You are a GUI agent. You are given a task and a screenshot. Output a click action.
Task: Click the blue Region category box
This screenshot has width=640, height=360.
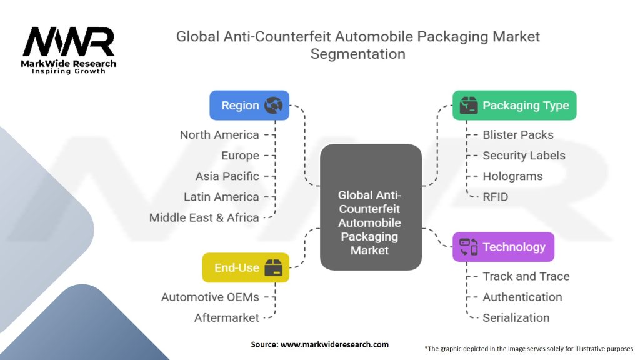249,106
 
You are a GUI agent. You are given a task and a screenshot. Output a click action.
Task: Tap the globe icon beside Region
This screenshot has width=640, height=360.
273,106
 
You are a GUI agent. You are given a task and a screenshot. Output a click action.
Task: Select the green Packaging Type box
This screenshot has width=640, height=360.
514,106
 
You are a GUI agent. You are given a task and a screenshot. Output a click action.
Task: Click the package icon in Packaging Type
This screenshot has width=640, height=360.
468,106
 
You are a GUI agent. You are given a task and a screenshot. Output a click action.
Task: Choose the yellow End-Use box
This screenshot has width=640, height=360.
245,267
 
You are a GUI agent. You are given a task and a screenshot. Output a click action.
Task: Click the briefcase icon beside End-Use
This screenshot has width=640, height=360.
273,267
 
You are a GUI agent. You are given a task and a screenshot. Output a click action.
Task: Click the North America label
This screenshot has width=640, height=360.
219,134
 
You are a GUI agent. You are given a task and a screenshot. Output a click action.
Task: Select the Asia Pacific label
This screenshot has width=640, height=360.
227,176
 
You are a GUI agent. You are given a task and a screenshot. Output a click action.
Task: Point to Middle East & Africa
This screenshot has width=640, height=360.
204,217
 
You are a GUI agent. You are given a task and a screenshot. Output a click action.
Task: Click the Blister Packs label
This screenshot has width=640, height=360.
518,134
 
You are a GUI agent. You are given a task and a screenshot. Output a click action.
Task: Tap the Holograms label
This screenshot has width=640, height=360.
512,176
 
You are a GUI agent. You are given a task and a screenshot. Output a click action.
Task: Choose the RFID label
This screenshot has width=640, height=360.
495,197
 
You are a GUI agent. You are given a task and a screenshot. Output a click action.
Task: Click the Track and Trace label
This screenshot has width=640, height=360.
526,276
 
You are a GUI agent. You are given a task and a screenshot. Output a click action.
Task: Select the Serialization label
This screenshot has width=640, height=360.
516,317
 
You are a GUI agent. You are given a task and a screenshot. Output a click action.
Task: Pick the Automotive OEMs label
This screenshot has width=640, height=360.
210,297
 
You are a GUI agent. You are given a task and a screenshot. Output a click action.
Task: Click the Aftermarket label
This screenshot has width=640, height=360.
226,317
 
